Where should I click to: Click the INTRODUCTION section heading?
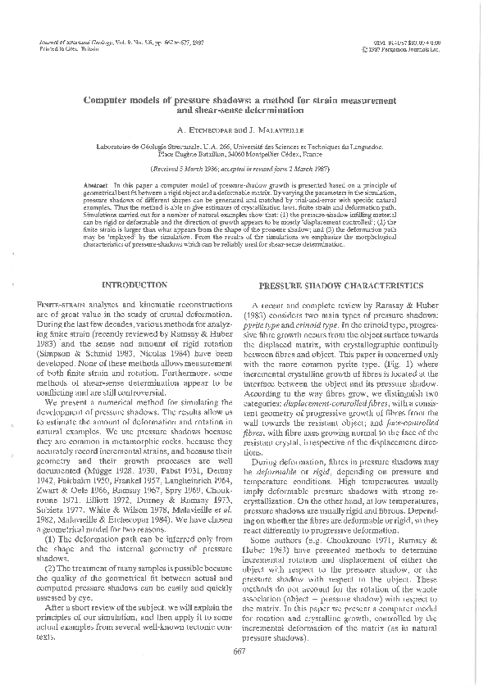134,285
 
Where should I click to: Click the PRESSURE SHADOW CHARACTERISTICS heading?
341,286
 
